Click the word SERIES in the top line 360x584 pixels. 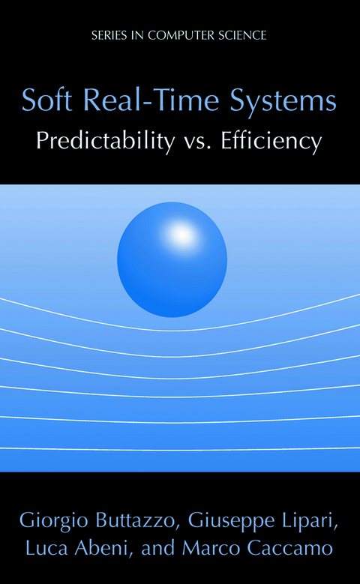click(106, 34)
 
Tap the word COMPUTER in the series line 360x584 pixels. click(178, 34)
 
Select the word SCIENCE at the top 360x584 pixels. click(241, 34)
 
